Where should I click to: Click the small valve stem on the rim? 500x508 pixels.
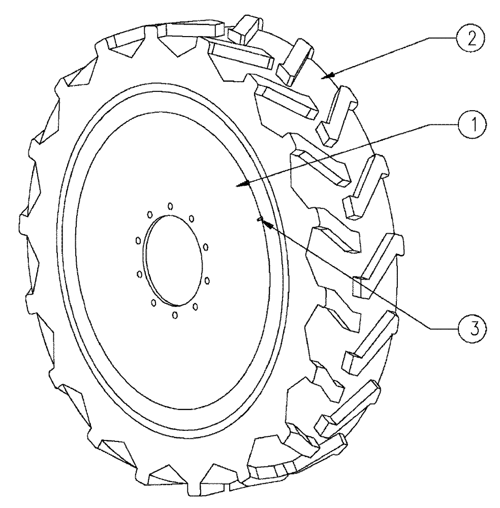(259, 219)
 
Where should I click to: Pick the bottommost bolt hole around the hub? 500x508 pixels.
(175, 314)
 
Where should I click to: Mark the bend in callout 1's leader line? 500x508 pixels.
(434, 123)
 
